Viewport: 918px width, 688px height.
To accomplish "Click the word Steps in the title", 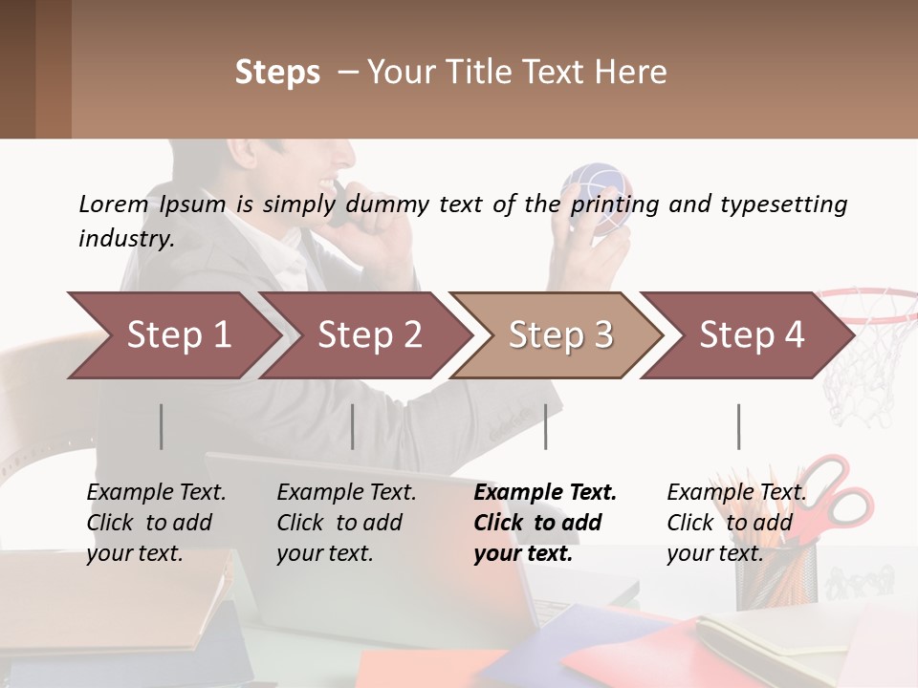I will coord(277,73).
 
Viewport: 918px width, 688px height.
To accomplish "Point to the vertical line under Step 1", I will coord(162,426).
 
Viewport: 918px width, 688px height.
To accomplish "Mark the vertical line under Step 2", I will coord(353,426).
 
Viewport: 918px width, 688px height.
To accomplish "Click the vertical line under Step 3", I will coord(546,426).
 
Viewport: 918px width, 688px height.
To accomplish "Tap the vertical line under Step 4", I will coord(738,426).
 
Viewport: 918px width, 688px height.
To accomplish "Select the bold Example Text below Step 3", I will coord(545,523).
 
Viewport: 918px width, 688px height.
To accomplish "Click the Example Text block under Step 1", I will coord(156,523).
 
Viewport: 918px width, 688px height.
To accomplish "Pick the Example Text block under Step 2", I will coord(346,523).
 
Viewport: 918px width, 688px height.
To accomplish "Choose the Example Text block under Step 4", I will coord(736,523).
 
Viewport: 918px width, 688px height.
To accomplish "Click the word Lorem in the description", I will coord(113,204).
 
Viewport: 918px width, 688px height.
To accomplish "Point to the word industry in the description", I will coord(125,238).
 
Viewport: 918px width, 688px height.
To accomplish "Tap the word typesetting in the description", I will coord(783,204).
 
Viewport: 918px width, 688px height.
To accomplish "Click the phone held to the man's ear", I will coord(340,205).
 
